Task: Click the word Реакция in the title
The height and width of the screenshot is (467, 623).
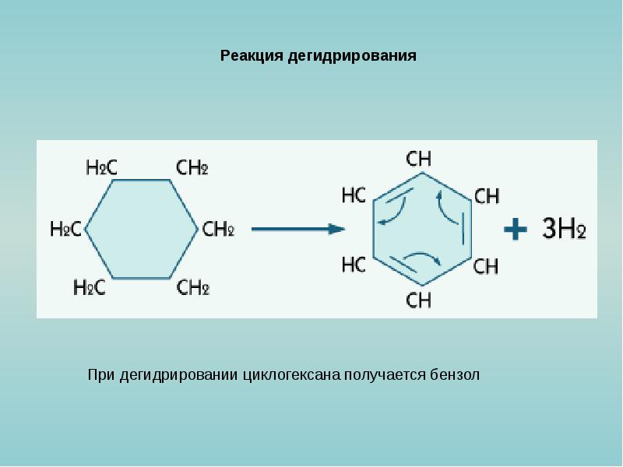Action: click(252, 56)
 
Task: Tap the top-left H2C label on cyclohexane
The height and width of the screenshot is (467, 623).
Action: click(101, 167)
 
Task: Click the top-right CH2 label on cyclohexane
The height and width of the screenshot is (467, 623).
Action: click(192, 167)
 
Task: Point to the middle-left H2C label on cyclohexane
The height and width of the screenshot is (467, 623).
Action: click(65, 229)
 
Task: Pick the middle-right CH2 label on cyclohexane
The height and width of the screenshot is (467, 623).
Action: click(218, 229)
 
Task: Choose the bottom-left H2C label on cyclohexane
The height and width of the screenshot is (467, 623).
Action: click(89, 288)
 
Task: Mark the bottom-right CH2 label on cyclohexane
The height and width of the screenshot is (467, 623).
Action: click(193, 288)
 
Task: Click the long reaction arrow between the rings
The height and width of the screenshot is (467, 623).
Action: click(298, 229)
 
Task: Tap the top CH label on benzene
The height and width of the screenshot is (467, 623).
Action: click(419, 159)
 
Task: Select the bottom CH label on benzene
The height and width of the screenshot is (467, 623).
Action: click(419, 300)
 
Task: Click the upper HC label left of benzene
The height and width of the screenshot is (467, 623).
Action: click(354, 195)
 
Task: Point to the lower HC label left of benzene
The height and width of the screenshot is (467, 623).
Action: click(354, 265)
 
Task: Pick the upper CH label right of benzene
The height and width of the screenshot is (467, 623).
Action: click(487, 196)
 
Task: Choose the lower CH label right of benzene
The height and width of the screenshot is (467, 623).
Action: click(486, 267)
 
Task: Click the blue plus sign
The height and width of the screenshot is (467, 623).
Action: click(516, 229)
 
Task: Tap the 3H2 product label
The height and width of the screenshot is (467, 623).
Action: click(563, 230)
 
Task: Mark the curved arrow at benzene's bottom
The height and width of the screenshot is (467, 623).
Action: click(424, 259)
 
